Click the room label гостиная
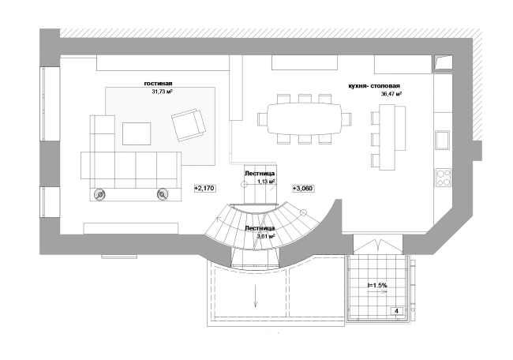coord(158,84)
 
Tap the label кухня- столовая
coord(374,86)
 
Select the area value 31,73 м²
coord(162,92)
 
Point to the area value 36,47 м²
coord(391,94)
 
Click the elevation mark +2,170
coord(205,188)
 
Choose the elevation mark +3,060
coord(302,188)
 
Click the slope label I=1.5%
coord(377,285)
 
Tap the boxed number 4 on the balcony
coord(397,311)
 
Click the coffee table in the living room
coord(137,133)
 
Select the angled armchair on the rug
coord(189,125)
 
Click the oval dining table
coord(305,118)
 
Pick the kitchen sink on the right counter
coord(442,140)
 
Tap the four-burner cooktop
coord(443,178)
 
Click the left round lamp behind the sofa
coord(99,194)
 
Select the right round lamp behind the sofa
coord(163,194)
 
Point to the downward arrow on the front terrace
coord(255,295)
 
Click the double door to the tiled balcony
coord(378,246)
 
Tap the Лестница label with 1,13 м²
coord(260,174)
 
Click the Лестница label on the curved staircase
coord(260,228)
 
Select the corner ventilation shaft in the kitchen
coord(443,63)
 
